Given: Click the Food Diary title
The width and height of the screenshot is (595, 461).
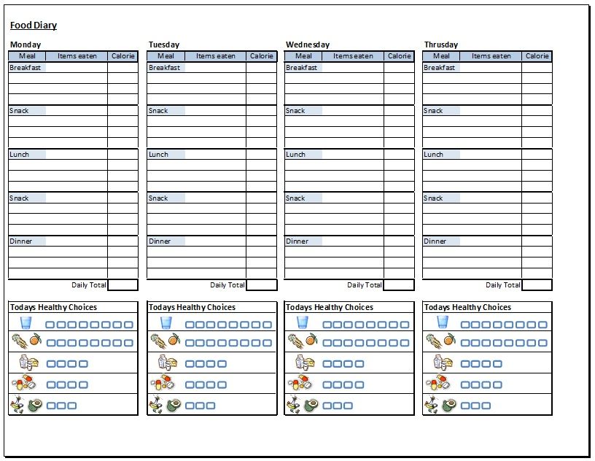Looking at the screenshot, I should coord(34,26).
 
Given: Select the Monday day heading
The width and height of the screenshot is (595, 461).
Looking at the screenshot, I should coord(26,44).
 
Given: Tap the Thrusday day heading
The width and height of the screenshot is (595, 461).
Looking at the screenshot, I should coord(440,44).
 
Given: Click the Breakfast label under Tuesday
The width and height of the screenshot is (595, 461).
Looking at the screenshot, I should coord(164,68).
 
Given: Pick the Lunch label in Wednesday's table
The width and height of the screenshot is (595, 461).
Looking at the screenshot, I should coord(295,155).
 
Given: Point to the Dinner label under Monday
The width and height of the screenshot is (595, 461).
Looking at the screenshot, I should coord(21,241).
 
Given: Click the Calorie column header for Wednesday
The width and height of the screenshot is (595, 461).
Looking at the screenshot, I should coord(399,56).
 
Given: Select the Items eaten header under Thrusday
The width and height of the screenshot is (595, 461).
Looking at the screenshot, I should coord(491,56).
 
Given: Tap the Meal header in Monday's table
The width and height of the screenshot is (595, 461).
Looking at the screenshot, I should coord(27,56).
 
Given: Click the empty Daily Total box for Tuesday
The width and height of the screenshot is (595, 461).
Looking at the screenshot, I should coord(261,285).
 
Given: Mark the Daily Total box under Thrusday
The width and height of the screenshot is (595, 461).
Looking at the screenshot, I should coord(537,285).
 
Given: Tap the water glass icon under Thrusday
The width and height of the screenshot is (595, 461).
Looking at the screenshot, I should coord(443,322).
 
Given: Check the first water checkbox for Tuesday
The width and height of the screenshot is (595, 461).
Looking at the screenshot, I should coord(190,324).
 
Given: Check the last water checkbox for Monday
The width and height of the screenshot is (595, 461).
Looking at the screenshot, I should coord(128,324).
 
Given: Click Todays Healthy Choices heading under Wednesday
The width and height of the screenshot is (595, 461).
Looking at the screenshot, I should coord(330,307).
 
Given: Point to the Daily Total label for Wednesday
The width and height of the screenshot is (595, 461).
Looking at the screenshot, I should coord(365,285).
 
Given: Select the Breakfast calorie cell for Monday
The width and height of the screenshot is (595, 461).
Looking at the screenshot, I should coord(122,68).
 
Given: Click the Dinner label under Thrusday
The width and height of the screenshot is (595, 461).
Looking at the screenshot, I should coord(435,241).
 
